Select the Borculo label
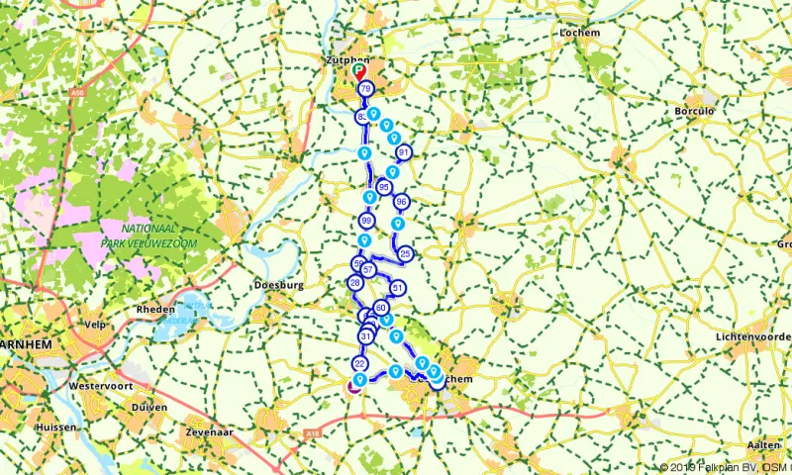tap(694, 112)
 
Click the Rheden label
tap(155, 309)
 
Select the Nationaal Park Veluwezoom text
tap(149, 237)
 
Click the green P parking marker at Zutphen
tap(359, 70)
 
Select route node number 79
tap(365, 90)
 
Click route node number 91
tap(403, 152)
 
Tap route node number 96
tap(401, 202)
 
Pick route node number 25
tap(405, 254)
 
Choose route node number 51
tap(397, 289)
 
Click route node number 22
tap(360, 365)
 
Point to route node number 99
tap(367, 221)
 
